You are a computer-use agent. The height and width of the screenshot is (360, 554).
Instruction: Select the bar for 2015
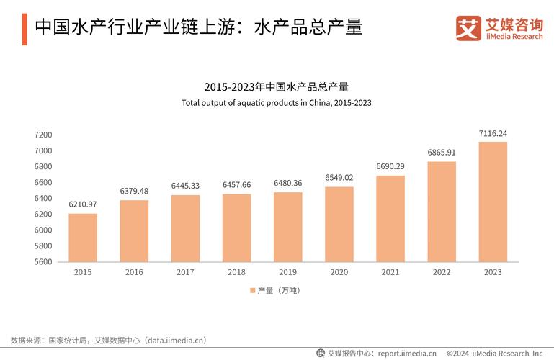83,238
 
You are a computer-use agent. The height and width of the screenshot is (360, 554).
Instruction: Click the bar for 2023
493,202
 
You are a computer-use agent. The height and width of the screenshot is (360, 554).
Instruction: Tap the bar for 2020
339,224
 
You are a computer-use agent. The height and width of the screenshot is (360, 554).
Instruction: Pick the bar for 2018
236,228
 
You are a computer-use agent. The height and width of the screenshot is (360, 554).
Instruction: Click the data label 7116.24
493,133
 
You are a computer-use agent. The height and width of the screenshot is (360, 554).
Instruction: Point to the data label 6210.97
83,204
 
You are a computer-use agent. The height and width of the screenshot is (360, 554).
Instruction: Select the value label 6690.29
390,166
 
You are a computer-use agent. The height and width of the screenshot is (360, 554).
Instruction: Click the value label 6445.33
185,186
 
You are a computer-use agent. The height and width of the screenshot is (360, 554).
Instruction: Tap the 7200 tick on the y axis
43,135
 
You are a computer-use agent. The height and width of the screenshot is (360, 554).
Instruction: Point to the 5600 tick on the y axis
43,261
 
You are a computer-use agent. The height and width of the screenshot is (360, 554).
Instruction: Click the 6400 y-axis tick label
43,198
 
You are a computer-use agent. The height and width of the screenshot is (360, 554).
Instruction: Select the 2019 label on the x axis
287,272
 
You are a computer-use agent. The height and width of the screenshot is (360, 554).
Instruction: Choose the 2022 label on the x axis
442,272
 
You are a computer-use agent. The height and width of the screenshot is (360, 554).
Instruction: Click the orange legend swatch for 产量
252,290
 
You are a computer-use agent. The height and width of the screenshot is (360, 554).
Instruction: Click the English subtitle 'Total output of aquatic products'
276,103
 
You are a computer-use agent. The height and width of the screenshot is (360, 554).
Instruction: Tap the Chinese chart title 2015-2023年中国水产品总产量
276,87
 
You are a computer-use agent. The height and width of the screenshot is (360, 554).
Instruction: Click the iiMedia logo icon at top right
468,28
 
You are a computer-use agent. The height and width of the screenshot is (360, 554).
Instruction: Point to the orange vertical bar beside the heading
24,28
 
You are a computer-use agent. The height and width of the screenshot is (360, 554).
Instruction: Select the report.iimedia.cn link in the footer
407,354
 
